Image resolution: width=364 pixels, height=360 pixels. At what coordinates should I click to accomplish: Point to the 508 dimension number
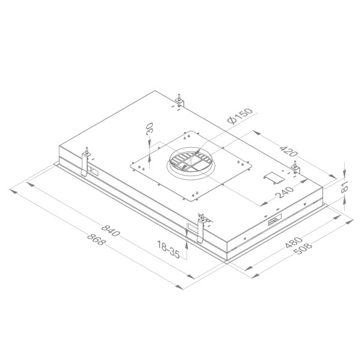pyautogui.click(x=305, y=249)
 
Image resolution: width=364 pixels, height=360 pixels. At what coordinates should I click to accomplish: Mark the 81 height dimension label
pyautogui.click(x=345, y=188)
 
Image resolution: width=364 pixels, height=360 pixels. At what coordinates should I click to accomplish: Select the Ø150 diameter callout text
pyautogui.click(x=240, y=117)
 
